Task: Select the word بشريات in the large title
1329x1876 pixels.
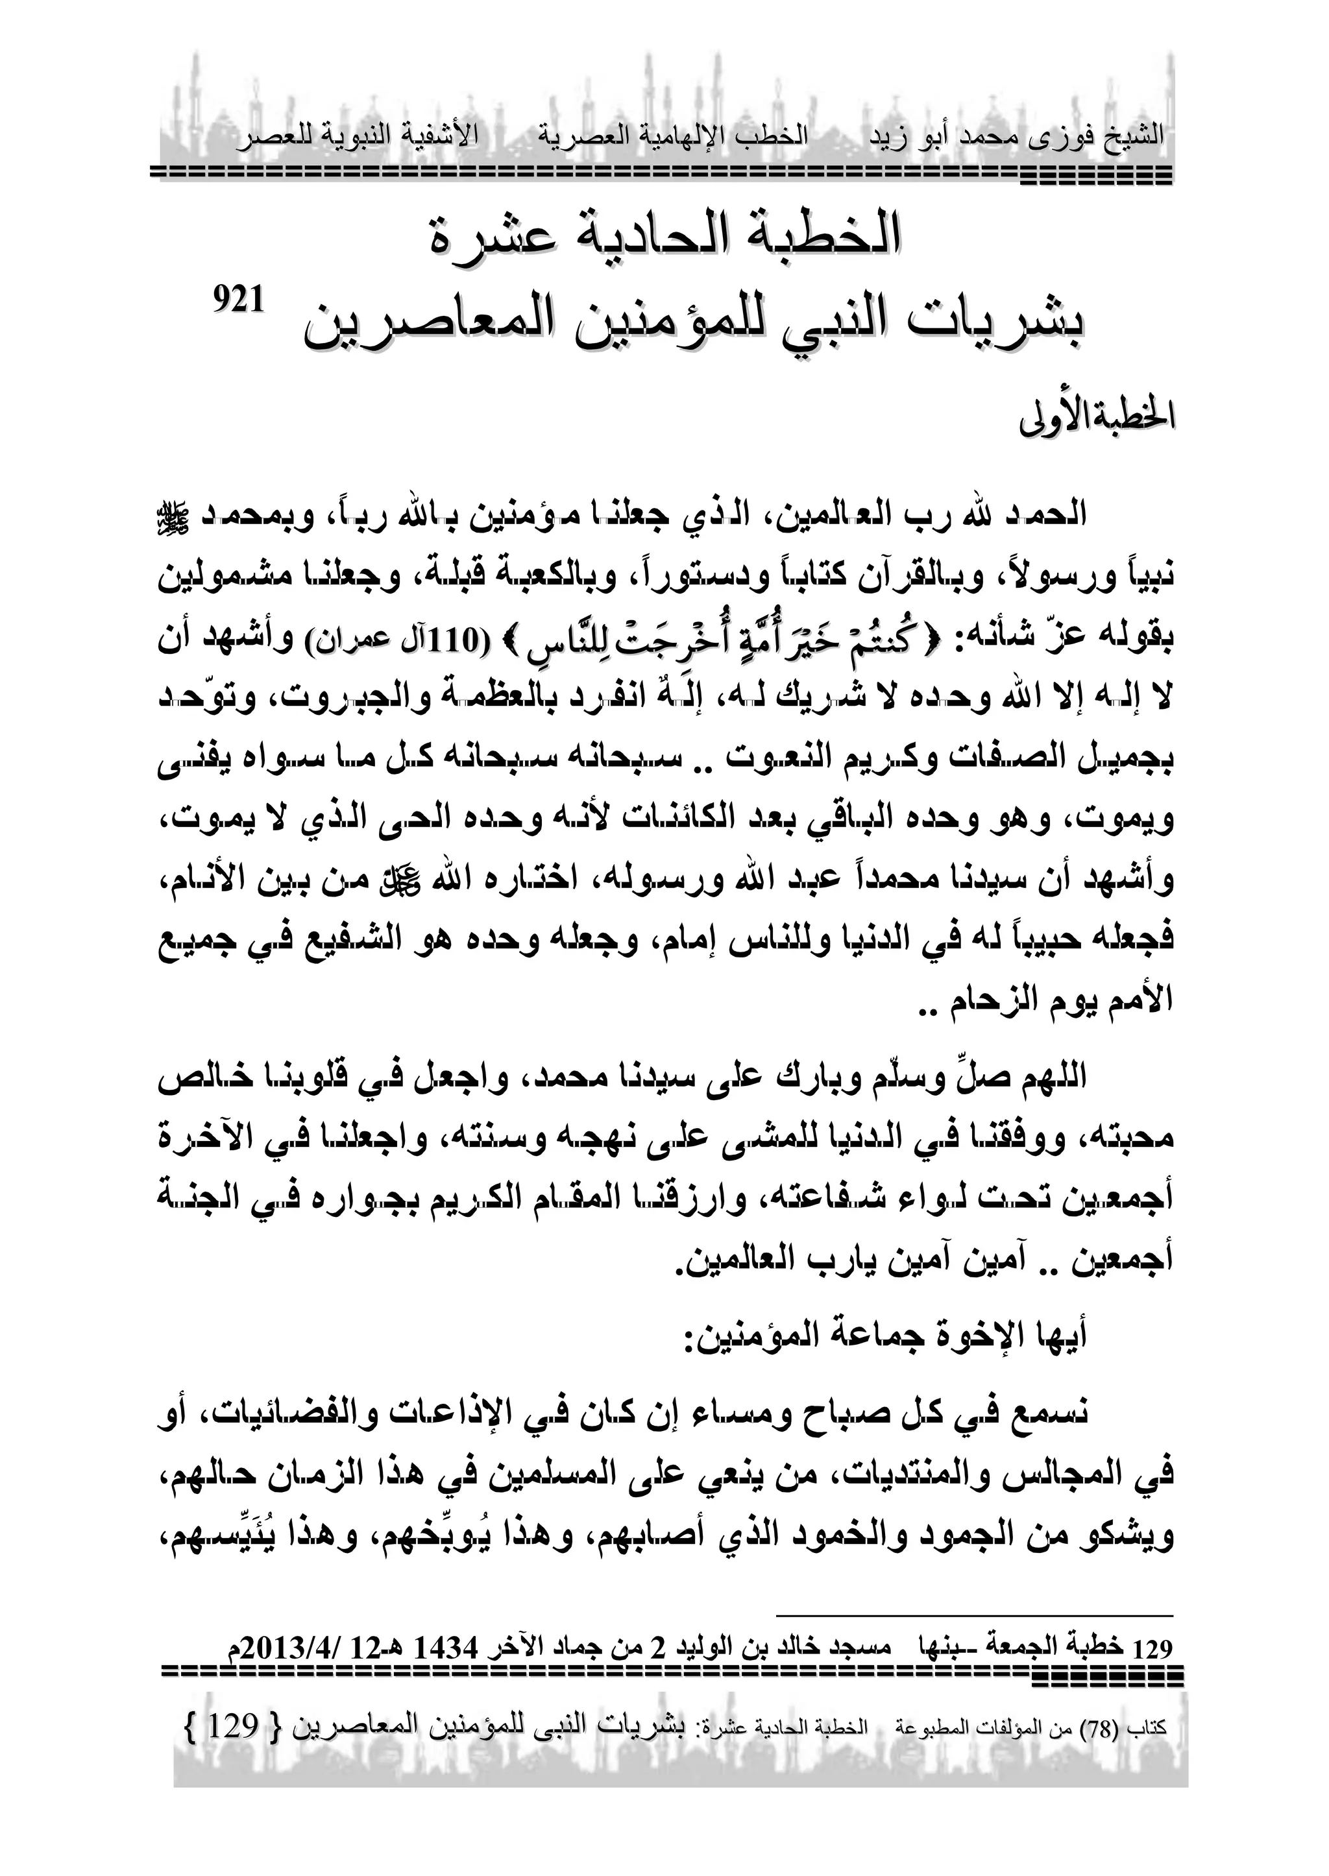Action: (987, 325)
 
